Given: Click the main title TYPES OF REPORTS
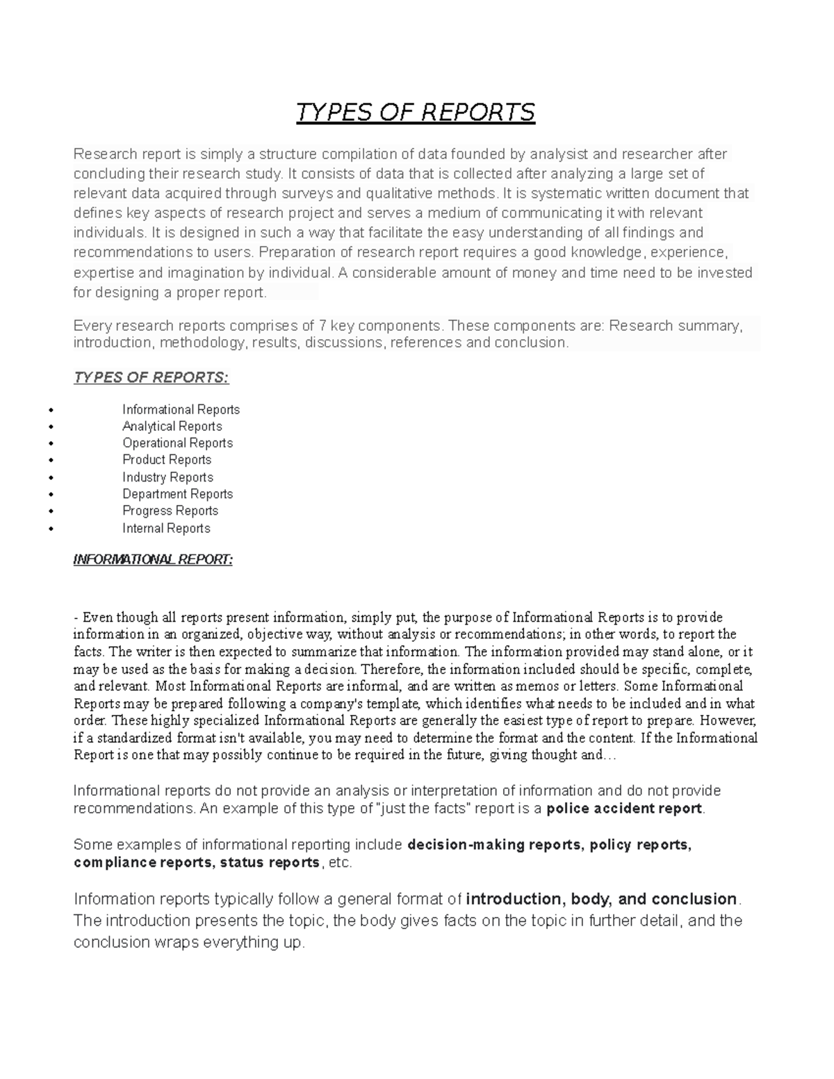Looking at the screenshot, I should (x=416, y=112).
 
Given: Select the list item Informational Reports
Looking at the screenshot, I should (x=181, y=409).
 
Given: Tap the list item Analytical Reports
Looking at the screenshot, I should (x=172, y=426).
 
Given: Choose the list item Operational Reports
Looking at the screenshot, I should (x=177, y=443).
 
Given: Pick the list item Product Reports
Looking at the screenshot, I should (x=167, y=459).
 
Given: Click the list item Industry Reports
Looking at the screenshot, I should (x=167, y=477).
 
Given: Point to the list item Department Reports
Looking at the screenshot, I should (x=177, y=493).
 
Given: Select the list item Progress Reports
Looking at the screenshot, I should (x=170, y=511).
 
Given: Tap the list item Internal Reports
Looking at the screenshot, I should (x=166, y=528).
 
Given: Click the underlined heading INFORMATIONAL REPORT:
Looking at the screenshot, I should (x=153, y=559).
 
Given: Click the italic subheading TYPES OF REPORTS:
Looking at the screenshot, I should (x=151, y=377).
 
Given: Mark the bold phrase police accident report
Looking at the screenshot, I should (x=625, y=808).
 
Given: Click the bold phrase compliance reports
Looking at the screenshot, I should (x=143, y=862).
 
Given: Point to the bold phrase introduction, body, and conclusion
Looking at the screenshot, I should (x=601, y=899).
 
